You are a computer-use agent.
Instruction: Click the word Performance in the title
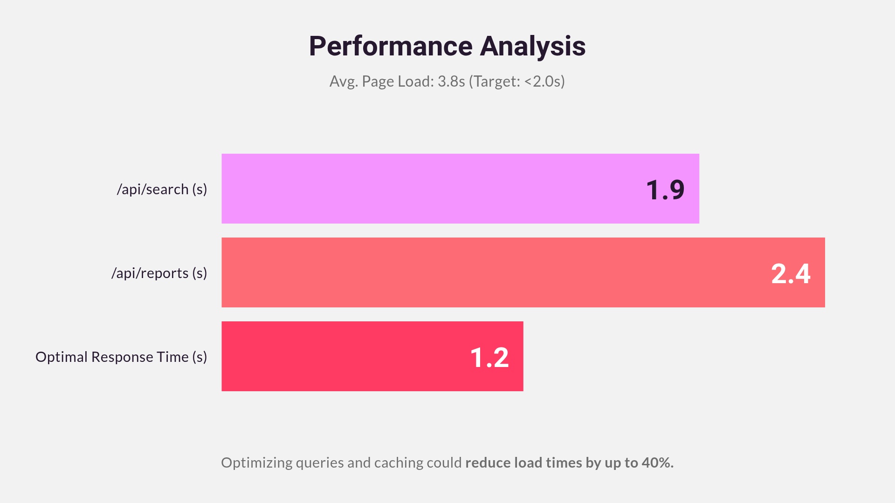click(391, 47)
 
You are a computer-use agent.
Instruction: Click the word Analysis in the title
click(532, 47)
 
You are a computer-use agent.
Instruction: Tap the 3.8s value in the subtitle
click(451, 82)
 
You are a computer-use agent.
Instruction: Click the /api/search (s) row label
click(162, 189)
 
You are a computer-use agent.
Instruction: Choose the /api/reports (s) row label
click(159, 273)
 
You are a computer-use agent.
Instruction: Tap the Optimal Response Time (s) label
click(121, 357)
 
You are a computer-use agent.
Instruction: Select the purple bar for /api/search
click(420, 189)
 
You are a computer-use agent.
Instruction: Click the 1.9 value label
click(665, 190)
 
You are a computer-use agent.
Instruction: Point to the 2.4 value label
click(791, 274)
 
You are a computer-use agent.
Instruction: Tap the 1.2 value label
click(489, 358)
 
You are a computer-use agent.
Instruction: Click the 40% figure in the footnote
click(657, 462)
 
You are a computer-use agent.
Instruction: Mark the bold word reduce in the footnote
click(488, 462)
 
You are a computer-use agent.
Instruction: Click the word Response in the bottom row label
click(122, 357)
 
